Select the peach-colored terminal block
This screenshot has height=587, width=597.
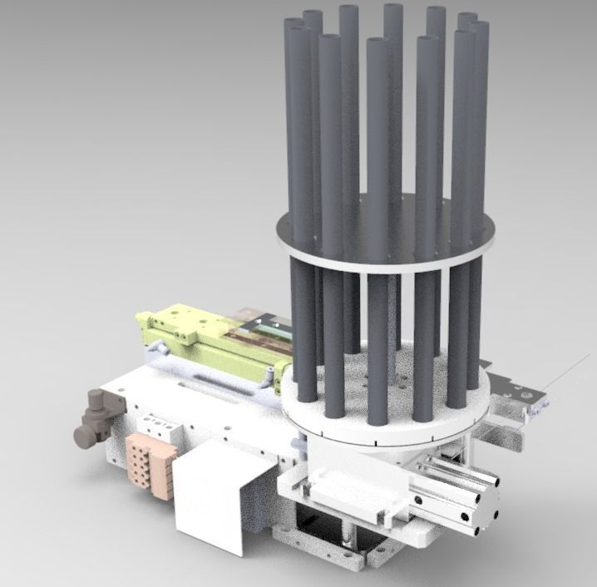pyautogui.click(x=151, y=465)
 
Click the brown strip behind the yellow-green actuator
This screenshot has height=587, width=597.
pyautogui.click(x=249, y=336)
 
